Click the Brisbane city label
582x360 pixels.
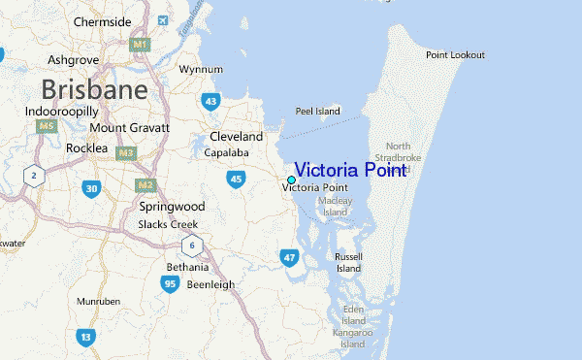pos(94,91)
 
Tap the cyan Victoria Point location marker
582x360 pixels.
pos(291,180)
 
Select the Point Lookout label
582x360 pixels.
pos(455,54)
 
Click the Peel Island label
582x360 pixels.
pos(318,112)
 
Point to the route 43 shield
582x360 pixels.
pos(210,101)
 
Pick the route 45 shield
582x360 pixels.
pos(237,179)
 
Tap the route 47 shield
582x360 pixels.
pos(289,257)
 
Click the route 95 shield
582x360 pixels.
pos(170,283)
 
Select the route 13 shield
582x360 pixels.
pos(86,337)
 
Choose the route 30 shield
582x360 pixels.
pos(90,188)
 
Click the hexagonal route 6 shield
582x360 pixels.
pos(193,245)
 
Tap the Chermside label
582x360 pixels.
pos(101,21)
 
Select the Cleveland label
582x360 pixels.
pos(237,137)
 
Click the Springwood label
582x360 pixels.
pos(172,207)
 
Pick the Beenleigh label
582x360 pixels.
pos(211,284)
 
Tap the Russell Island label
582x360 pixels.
pos(348,262)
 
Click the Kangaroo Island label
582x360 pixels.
pos(351,339)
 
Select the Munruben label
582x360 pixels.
pos(99,302)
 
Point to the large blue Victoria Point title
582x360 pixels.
pos(349,169)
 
